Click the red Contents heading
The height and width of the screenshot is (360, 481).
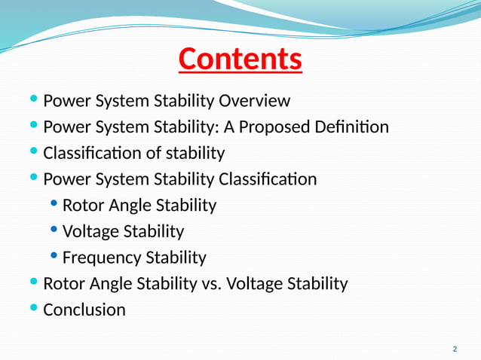click(x=240, y=59)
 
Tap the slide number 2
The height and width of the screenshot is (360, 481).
click(x=455, y=349)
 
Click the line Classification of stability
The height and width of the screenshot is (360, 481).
click(x=133, y=154)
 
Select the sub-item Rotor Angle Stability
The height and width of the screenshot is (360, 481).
click(x=139, y=206)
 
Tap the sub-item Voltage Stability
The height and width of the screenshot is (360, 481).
click(x=123, y=232)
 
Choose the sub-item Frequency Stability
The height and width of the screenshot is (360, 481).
click(x=133, y=258)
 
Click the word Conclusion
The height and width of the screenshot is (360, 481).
click(x=84, y=310)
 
